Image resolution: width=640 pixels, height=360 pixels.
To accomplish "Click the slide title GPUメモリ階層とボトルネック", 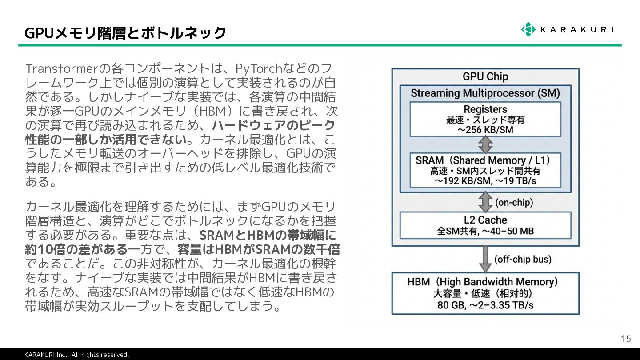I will (125, 33).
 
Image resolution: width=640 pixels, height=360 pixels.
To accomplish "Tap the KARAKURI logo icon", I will (528, 29).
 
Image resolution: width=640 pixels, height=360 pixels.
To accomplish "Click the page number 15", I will (625, 339).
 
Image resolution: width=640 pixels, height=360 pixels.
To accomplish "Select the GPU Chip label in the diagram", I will (485, 76).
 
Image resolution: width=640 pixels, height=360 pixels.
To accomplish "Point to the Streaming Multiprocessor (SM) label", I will (485, 93).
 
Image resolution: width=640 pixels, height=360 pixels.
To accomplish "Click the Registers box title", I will (485, 109).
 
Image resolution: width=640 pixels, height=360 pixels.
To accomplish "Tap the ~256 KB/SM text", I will (485, 130).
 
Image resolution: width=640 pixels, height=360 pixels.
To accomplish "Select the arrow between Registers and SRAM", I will (485, 144).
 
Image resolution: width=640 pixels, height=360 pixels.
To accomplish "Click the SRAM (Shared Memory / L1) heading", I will (485, 160).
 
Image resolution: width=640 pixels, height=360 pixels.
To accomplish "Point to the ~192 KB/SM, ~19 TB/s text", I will (485, 181).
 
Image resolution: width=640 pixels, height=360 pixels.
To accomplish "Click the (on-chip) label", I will (514, 203).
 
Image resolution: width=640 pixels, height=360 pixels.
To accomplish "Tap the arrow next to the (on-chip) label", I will (485, 202).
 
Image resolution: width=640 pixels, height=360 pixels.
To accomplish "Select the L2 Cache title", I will (485, 220).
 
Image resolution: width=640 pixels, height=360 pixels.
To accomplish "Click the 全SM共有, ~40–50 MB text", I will (485, 231).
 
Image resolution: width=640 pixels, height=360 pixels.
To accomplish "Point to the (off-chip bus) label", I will (523, 259).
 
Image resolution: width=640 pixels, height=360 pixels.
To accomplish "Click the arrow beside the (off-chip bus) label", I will (485, 259).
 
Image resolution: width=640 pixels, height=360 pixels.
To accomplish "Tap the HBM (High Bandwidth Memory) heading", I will (485, 282).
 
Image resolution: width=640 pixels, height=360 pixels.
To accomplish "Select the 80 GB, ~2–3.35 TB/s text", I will (485, 305).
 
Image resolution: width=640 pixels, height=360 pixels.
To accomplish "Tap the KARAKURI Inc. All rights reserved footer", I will (76, 355).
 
